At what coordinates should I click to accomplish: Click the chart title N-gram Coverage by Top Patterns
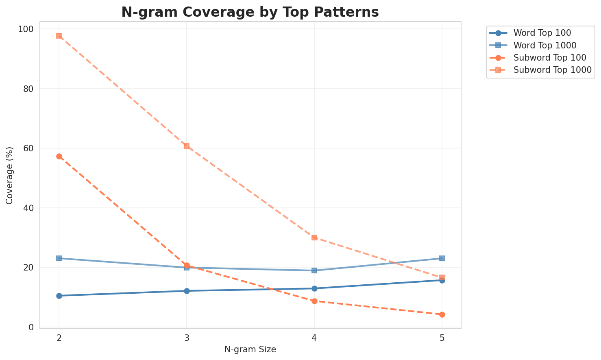coord(250,12)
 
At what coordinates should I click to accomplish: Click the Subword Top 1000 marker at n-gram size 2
coord(59,36)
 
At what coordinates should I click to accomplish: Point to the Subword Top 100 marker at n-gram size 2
coord(59,156)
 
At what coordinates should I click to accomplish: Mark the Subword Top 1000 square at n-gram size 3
coord(187,146)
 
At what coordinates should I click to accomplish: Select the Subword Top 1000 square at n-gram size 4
coord(314,238)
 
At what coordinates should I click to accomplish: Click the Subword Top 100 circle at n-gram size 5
coord(442,314)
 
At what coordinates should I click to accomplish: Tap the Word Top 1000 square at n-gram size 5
coord(442,258)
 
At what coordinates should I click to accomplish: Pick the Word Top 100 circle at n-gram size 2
coord(59,296)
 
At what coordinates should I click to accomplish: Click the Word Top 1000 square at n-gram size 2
coord(59,258)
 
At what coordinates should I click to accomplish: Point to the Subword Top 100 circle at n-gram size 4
coord(314,301)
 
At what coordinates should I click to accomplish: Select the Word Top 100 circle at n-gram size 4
coord(314,288)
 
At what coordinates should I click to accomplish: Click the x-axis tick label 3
coord(187,338)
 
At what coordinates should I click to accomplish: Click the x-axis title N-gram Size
coord(250,349)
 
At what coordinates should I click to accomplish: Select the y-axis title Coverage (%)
coord(9,175)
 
